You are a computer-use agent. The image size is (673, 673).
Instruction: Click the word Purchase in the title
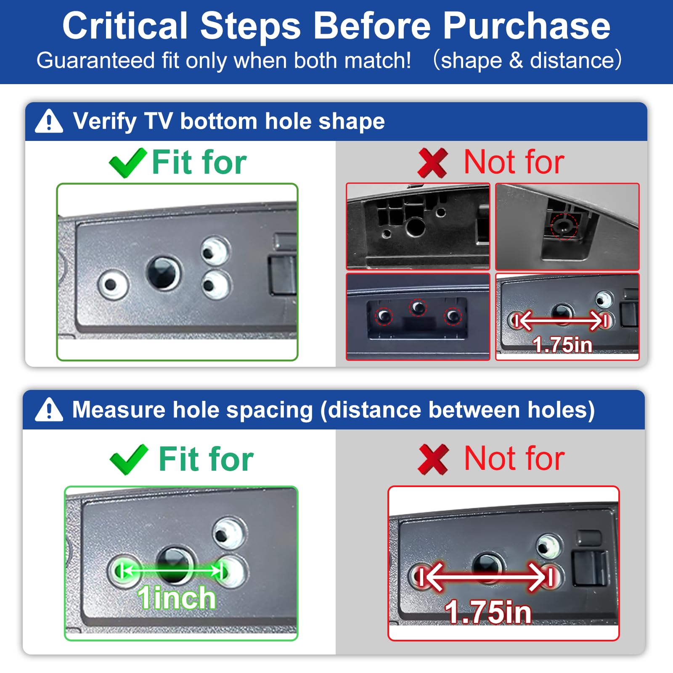pyautogui.click(x=526, y=26)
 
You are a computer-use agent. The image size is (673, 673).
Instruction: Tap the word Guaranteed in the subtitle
pyautogui.click(x=96, y=61)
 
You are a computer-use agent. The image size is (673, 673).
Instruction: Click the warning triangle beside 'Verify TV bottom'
pyautogui.click(x=49, y=121)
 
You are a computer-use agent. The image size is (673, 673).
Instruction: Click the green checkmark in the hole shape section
pyautogui.click(x=128, y=163)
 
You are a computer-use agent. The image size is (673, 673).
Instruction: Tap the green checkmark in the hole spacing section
pyautogui.click(x=129, y=459)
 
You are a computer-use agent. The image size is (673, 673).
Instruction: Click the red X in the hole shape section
pyautogui.click(x=432, y=163)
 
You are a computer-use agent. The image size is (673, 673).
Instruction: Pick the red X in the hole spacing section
pyautogui.click(x=434, y=460)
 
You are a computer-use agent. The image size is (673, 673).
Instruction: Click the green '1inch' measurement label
pyautogui.click(x=176, y=597)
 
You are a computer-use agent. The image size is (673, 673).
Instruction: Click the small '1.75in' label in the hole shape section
pyautogui.click(x=562, y=345)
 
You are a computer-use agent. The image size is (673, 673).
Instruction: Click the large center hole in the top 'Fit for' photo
pyautogui.click(x=164, y=273)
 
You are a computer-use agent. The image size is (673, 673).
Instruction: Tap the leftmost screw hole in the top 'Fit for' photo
pyautogui.click(x=112, y=285)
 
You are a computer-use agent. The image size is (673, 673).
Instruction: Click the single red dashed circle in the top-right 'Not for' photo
pyautogui.click(x=564, y=227)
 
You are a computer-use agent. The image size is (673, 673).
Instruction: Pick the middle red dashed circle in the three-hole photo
pyautogui.click(x=418, y=307)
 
